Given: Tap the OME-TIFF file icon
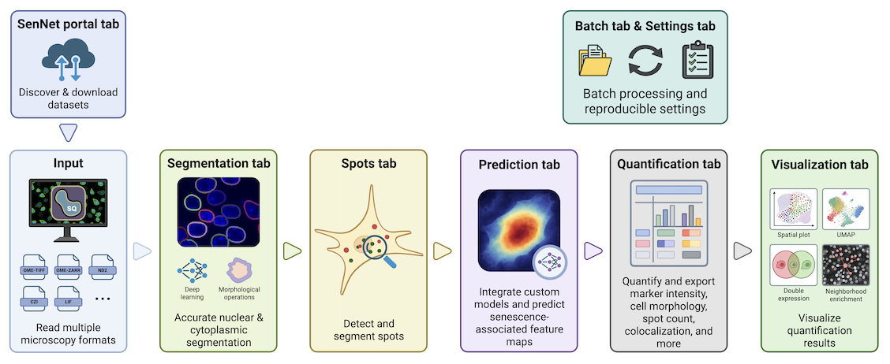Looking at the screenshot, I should (x=34, y=267).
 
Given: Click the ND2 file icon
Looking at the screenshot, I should (x=103, y=267).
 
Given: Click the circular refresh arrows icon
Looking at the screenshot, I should (x=645, y=61).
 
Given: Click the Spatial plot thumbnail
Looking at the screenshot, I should (x=793, y=209).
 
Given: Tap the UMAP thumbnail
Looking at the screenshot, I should (x=845, y=209).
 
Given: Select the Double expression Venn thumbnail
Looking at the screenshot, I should (x=793, y=266).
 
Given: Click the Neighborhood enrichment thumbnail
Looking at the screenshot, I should (x=845, y=266).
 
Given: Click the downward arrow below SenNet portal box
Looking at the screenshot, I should (x=68, y=133).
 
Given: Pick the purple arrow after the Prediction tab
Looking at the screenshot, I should (x=592, y=251).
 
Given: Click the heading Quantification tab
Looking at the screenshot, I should (x=668, y=165).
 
